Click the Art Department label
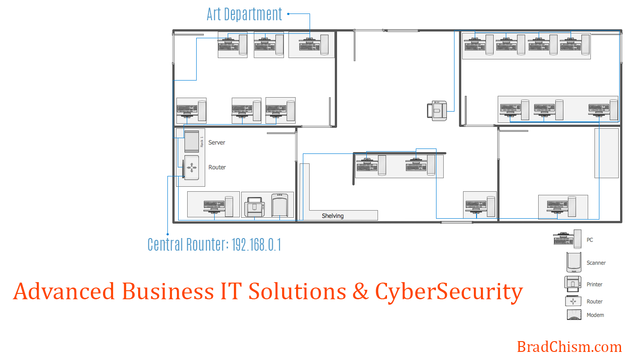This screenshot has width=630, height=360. click(x=244, y=14)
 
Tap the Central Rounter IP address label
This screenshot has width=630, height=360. click(x=214, y=245)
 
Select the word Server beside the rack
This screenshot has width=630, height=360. click(x=216, y=143)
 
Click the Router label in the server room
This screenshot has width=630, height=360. click(x=217, y=167)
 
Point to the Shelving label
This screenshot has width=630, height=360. click(x=333, y=216)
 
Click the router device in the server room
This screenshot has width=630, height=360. click(x=191, y=168)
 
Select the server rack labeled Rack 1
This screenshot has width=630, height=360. click(x=192, y=140)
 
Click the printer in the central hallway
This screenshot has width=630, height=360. click(x=437, y=111)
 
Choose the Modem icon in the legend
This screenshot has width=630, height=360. click(x=574, y=315)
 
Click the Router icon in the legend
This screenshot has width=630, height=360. click(x=573, y=301)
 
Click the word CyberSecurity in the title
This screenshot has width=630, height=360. click(x=449, y=292)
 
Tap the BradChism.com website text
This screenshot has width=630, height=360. click(x=569, y=347)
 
